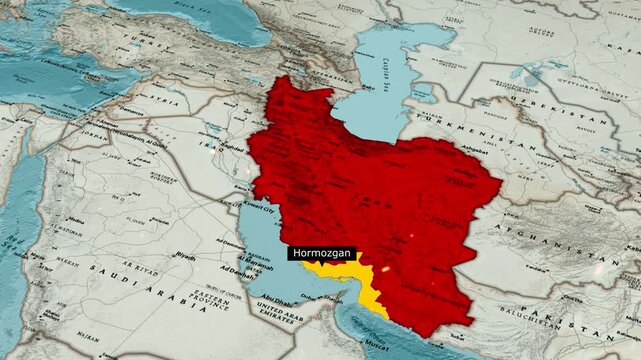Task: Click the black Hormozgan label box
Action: point(321,254)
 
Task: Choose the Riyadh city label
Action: point(186,256)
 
